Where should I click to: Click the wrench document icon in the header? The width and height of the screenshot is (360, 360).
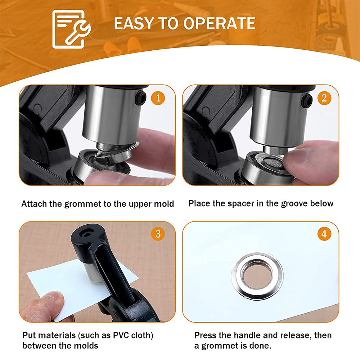point(71,29)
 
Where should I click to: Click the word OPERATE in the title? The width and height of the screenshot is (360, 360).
point(219,23)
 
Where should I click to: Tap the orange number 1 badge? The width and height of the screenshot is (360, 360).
point(158,98)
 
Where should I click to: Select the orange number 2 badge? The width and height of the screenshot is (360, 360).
point(324,98)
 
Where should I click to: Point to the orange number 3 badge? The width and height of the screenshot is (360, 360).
point(158,234)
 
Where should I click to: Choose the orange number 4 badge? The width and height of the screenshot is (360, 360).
point(324,234)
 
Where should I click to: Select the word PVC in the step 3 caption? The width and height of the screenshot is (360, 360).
point(121,335)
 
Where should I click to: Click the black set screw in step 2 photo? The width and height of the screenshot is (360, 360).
point(307,100)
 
